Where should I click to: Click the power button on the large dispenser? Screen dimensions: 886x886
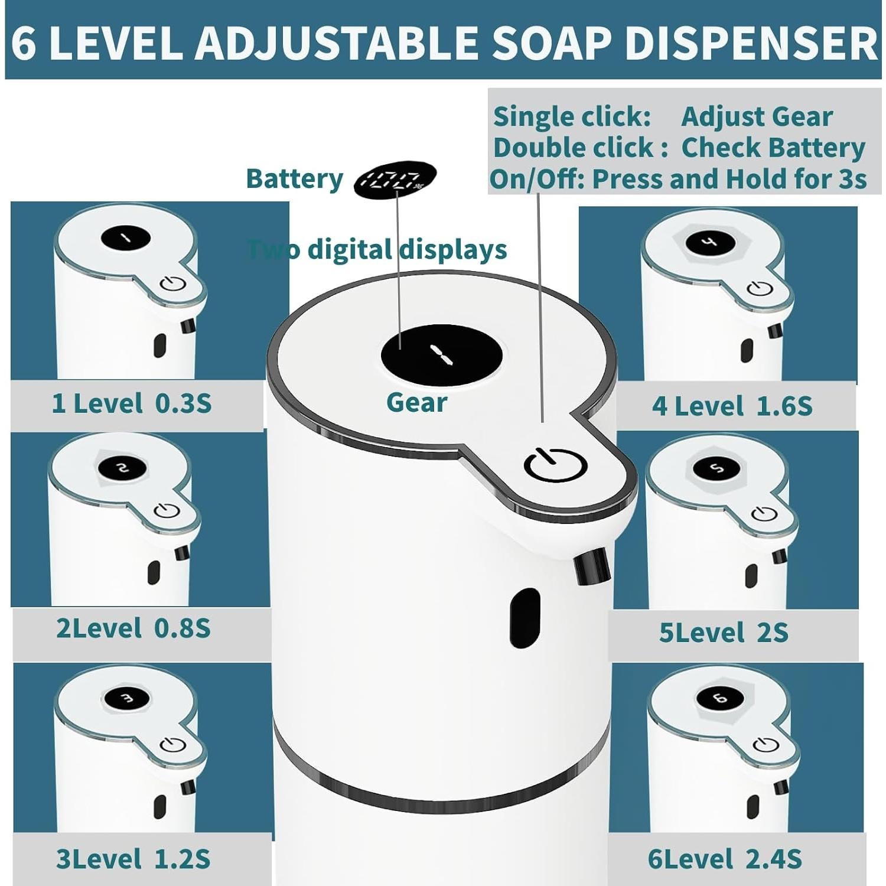(555, 465)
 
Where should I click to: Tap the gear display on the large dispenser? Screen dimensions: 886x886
(441, 354)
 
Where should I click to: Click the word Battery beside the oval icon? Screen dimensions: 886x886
(294, 179)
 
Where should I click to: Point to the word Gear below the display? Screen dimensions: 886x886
(416, 403)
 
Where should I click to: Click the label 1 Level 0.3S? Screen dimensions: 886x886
(132, 404)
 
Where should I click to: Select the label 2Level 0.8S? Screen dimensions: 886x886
(133, 628)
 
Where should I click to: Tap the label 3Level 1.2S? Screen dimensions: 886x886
(133, 859)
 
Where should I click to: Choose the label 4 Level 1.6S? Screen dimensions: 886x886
(732, 406)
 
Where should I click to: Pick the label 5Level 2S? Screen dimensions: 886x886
(724, 633)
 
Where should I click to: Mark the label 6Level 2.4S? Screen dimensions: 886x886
(725, 859)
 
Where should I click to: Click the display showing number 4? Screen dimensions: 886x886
(710, 242)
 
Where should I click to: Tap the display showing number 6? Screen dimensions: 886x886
(720, 699)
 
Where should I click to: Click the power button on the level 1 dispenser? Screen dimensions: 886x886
(173, 284)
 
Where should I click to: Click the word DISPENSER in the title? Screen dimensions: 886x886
(751, 43)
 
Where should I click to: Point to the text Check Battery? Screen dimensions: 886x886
(773, 148)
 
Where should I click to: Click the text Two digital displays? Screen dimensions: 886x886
(377, 250)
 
